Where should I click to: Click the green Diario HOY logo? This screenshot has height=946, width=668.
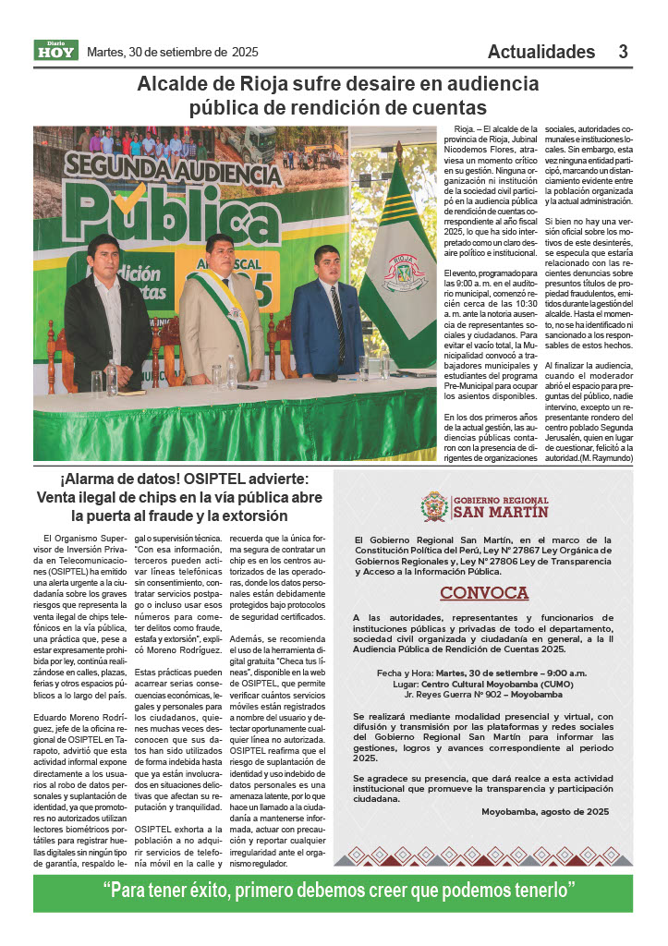click(x=56, y=51)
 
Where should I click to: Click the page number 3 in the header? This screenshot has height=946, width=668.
click(x=624, y=52)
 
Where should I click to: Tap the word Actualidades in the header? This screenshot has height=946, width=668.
click(x=541, y=52)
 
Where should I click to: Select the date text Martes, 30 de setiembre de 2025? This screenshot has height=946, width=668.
click(x=172, y=52)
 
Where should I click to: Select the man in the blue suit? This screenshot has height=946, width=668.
click(x=327, y=314)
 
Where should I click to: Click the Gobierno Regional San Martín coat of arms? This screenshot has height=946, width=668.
click(x=434, y=506)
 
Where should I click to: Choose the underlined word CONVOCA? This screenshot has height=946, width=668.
click(x=483, y=592)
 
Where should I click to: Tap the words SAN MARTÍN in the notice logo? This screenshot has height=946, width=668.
click(x=500, y=512)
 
